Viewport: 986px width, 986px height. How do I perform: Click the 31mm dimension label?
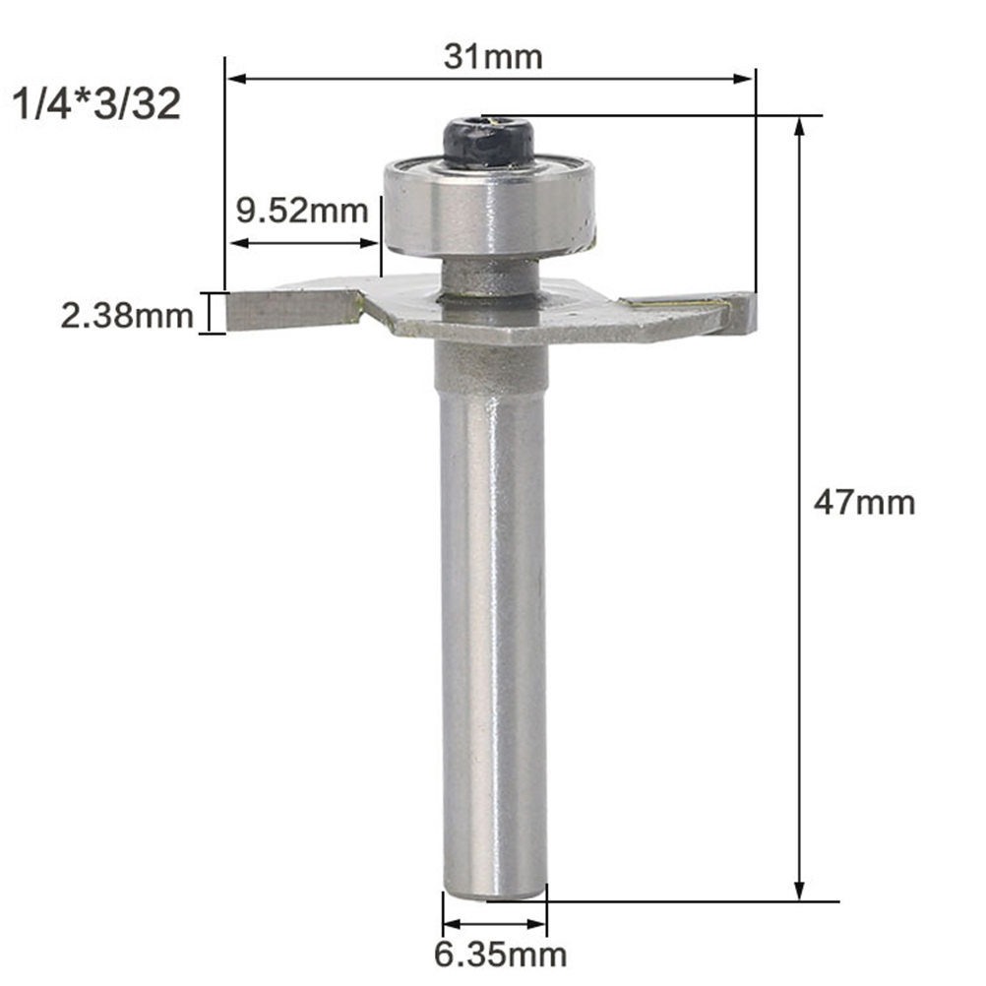pos(493,57)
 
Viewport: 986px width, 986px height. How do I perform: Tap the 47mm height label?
pos(864,503)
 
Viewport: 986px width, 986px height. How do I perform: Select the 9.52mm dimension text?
pos(302,211)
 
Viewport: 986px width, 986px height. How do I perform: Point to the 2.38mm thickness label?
pos(126,316)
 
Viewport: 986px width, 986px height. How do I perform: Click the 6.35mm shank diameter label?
pos(501,955)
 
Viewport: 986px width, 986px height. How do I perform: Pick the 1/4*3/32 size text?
pos(96,103)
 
